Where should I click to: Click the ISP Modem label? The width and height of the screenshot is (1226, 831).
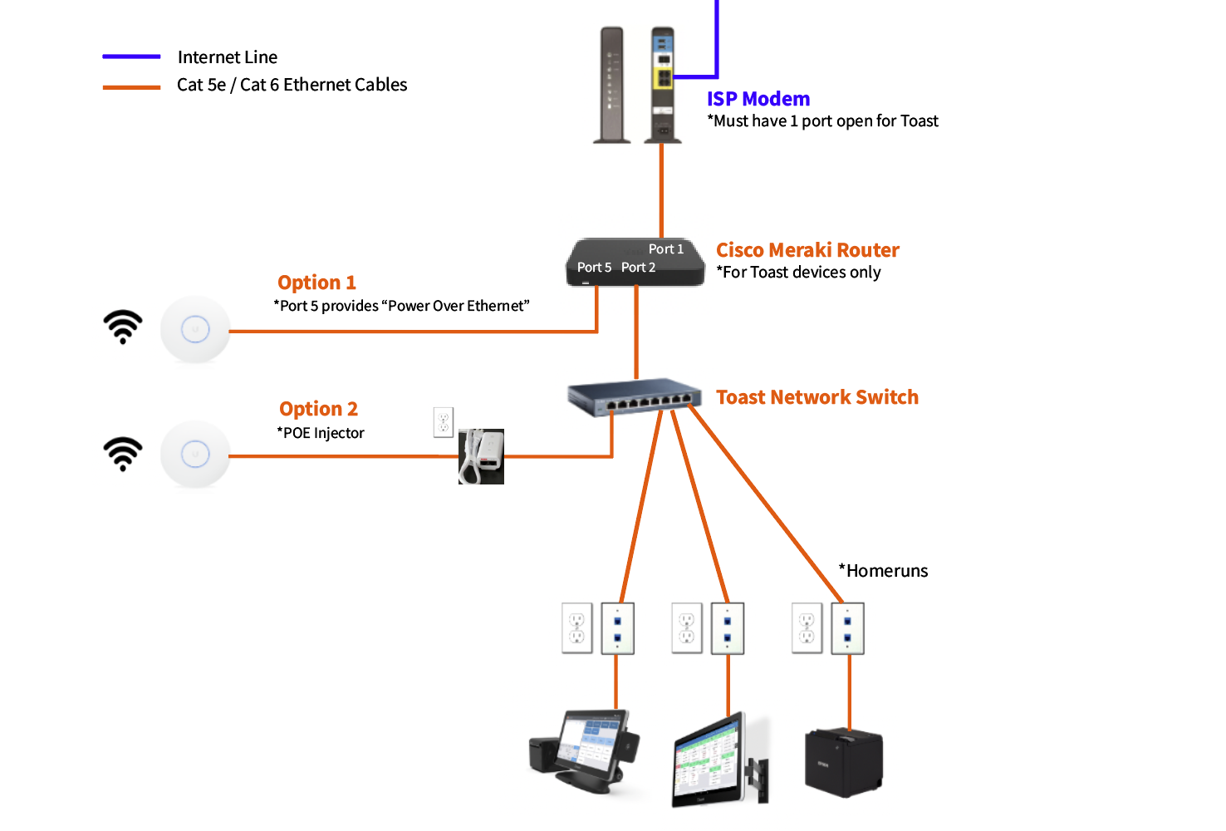(758, 99)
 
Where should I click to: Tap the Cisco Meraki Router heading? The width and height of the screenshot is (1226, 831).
(807, 250)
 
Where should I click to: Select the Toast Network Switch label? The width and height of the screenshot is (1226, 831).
(817, 397)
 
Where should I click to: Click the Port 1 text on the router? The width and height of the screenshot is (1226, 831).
(665, 249)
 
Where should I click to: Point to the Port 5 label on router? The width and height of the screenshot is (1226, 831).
(594, 268)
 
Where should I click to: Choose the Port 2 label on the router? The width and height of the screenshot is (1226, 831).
(638, 268)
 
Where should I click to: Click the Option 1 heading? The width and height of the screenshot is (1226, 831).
(316, 283)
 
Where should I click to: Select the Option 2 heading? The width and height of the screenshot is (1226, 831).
(318, 409)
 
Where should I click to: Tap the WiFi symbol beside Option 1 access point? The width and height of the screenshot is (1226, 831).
(123, 327)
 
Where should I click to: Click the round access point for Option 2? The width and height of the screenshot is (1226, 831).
(195, 455)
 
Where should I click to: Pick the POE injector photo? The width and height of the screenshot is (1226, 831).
(481, 456)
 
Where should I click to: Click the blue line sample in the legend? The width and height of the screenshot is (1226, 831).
(131, 57)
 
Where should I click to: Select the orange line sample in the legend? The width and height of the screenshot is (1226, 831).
(131, 86)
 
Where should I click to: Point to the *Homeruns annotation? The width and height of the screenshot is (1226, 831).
(883, 571)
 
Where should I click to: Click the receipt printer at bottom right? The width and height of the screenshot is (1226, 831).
(843, 762)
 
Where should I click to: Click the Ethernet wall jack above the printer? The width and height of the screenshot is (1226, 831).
(848, 629)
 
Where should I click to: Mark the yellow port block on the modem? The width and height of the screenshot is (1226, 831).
(663, 78)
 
